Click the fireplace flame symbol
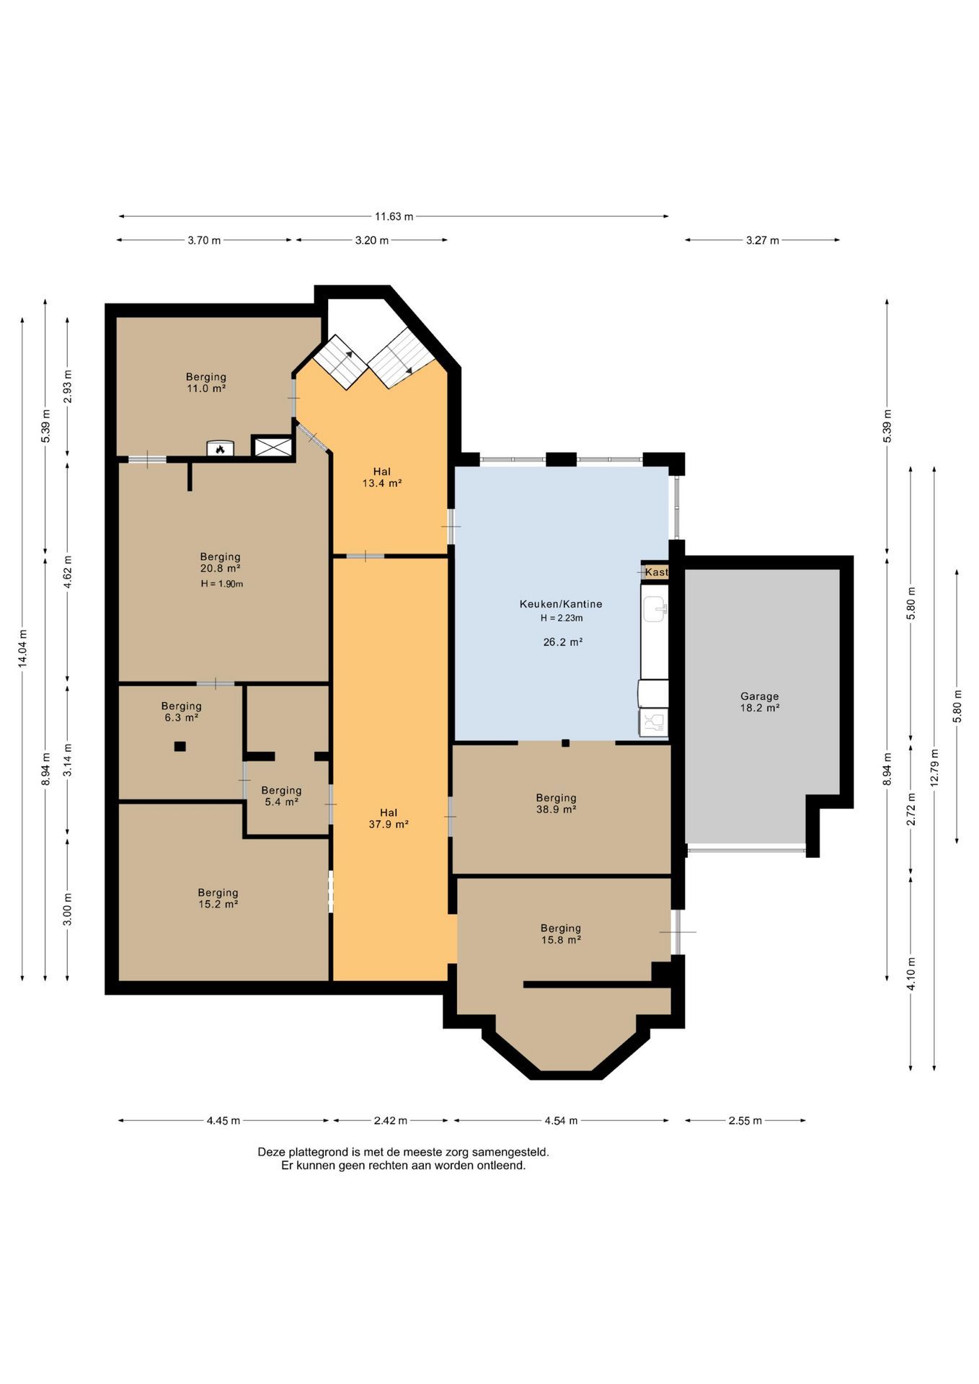221,449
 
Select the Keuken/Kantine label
561,604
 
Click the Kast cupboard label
656,572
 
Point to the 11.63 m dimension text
394,216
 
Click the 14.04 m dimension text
23,649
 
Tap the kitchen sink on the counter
655,609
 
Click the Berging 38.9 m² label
556,804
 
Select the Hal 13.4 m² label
382,478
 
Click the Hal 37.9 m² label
389,819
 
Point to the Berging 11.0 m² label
206,383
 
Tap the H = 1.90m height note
222,584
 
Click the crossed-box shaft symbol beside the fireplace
273,447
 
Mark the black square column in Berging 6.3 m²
180,747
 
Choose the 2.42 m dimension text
391,1121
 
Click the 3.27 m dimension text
763,241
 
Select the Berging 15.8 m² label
561,934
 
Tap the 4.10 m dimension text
911,974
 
